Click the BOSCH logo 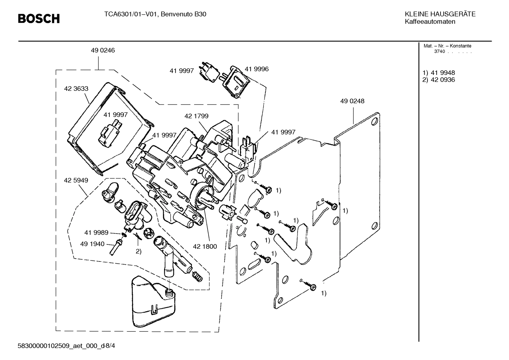(39, 18)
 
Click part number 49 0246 (103, 50)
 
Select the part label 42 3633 (76, 89)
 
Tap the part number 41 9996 (257, 69)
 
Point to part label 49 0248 (352, 101)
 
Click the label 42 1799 (196, 116)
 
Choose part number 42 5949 (76, 180)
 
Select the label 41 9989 (96, 232)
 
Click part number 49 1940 (92, 244)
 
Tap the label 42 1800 (205, 246)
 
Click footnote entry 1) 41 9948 (439, 73)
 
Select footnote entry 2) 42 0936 (439, 80)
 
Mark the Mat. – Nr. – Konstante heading (447, 46)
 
